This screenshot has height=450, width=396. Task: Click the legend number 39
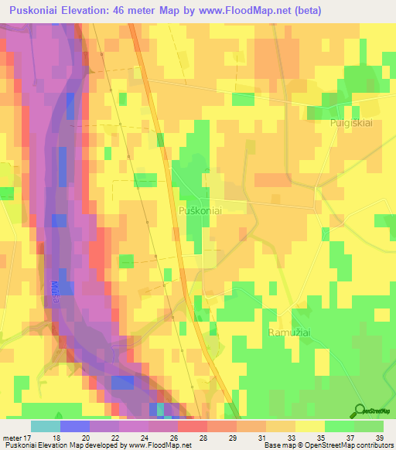(378, 437)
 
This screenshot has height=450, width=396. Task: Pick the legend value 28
(203, 437)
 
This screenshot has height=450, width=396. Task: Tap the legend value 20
(85, 437)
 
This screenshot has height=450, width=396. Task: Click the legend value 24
(144, 437)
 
